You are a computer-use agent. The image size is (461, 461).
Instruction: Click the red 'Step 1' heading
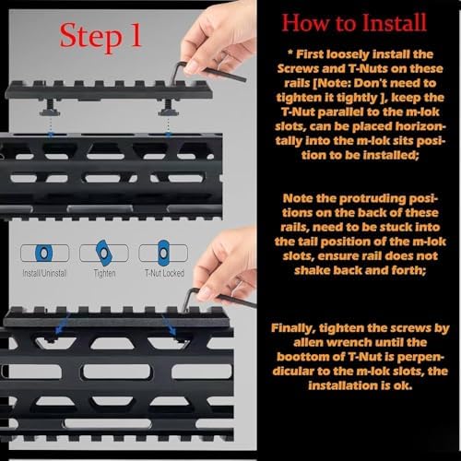[100, 36]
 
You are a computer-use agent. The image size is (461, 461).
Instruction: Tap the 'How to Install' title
[354, 23]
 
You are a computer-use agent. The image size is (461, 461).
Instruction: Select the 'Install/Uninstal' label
[44, 273]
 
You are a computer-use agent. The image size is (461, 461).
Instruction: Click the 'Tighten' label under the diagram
[104, 273]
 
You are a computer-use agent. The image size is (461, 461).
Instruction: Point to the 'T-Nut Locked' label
[164, 273]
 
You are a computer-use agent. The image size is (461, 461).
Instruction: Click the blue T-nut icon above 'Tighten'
[104, 253]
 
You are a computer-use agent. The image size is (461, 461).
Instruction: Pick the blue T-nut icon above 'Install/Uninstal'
[44, 253]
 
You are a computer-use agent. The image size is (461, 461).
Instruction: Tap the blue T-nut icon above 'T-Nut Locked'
[163, 253]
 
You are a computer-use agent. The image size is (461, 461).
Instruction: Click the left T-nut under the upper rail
[50, 108]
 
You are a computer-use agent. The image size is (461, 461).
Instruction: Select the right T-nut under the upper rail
[168, 108]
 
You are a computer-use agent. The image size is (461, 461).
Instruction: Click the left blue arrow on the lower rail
[63, 324]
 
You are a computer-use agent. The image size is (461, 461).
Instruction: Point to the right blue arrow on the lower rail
[169, 325]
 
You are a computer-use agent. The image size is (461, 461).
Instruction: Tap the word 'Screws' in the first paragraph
[298, 68]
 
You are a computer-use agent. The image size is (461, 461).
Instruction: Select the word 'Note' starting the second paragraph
[298, 198]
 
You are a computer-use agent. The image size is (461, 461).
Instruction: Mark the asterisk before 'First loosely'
[290, 53]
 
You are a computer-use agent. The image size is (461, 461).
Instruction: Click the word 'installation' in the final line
[342, 385]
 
